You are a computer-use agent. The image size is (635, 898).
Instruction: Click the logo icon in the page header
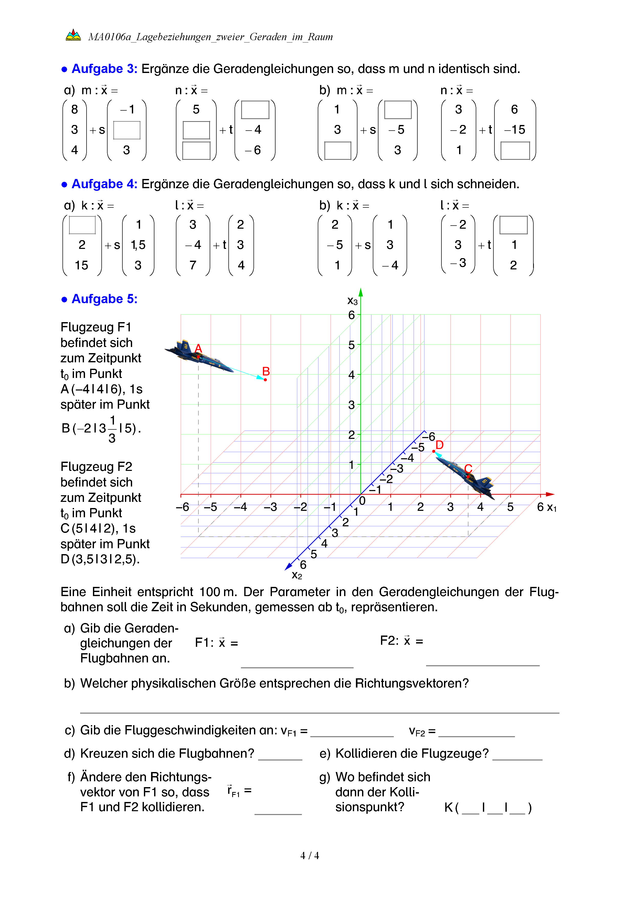(x=73, y=35)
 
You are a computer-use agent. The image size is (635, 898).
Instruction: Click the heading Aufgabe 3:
(x=104, y=69)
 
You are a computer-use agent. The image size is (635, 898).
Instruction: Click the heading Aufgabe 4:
(x=104, y=184)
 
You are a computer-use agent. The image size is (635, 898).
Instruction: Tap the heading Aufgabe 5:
(x=104, y=299)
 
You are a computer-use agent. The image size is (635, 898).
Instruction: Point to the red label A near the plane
(x=198, y=348)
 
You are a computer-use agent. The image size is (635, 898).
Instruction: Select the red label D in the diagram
(x=439, y=445)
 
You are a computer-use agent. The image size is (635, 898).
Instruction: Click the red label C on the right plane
(x=468, y=469)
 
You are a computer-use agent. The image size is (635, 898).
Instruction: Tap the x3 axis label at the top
(x=352, y=301)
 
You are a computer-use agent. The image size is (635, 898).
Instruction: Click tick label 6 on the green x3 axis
(x=352, y=315)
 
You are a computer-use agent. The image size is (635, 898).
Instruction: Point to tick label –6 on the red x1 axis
(x=182, y=507)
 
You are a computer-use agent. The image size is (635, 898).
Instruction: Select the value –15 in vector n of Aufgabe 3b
(x=515, y=130)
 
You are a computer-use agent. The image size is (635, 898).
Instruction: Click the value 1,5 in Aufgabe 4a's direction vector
(x=138, y=245)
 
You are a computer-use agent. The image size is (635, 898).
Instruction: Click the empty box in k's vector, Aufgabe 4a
(x=82, y=225)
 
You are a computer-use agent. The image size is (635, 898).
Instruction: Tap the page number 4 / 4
(x=309, y=856)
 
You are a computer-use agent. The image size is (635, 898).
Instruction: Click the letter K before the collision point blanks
(x=449, y=808)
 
